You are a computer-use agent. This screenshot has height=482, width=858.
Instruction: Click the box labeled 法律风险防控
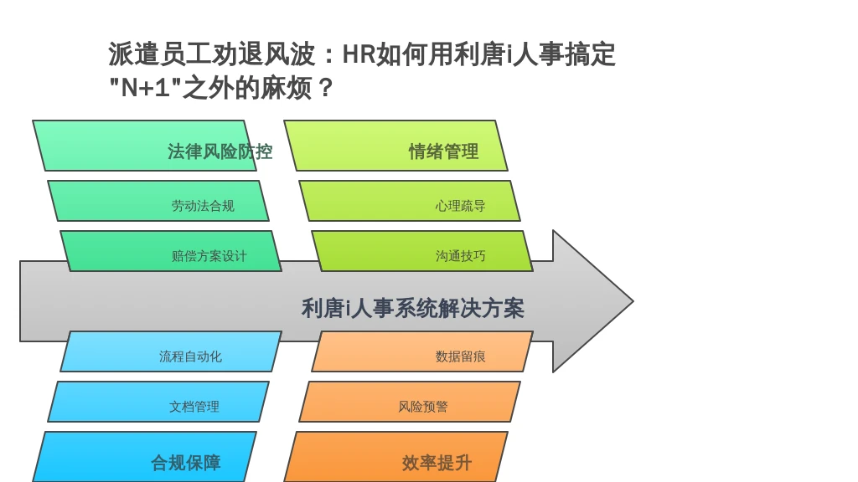[x=144, y=146]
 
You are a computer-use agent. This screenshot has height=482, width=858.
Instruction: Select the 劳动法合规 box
[x=158, y=201]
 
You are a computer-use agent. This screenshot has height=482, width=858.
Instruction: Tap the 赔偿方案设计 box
[x=171, y=251]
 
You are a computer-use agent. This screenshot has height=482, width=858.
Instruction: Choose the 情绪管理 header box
[x=395, y=146]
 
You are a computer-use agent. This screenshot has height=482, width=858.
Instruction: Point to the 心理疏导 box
[x=409, y=201]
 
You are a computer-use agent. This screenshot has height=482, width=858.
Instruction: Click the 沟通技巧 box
[x=422, y=251]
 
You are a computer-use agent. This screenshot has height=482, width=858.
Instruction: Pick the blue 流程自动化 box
[x=171, y=351]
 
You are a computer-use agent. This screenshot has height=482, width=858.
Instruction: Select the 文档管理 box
[x=158, y=402]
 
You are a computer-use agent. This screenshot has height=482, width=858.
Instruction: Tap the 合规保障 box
[x=144, y=457]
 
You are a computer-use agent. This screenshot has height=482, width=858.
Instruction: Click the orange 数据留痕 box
[x=422, y=351]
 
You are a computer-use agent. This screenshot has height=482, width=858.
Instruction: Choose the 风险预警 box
[x=409, y=402]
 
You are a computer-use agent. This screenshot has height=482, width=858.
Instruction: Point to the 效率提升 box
[x=395, y=457]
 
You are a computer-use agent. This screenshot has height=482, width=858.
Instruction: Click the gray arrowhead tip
[x=633, y=301]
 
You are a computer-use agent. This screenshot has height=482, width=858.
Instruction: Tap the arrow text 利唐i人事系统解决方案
[x=412, y=308]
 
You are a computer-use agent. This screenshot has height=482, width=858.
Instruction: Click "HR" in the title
[x=359, y=54]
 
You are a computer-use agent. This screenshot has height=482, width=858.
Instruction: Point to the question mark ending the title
[x=324, y=88]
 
